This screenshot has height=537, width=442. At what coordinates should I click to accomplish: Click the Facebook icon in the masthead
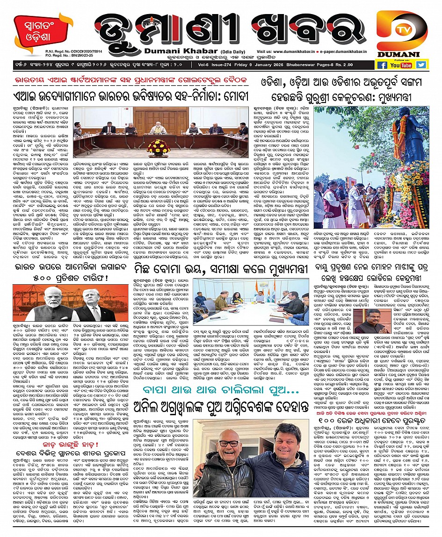[x=382, y=65]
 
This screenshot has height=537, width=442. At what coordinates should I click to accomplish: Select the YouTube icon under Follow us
[x=401, y=65]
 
